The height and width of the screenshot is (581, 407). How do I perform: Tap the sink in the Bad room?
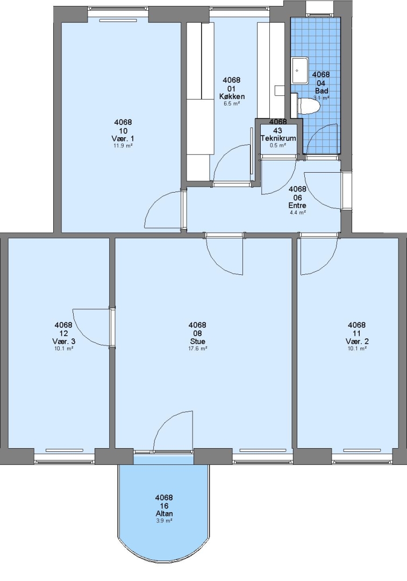point(300,70)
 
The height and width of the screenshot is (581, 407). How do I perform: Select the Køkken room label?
point(232,97)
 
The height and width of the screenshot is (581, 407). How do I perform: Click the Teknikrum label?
point(278,139)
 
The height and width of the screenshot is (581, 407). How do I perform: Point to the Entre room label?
point(297,206)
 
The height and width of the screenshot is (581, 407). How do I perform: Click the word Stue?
point(197,341)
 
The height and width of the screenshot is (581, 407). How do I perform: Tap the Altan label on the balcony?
point(164,514)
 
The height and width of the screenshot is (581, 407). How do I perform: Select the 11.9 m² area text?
point(123,146)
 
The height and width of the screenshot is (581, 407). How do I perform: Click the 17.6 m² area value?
point(197,348)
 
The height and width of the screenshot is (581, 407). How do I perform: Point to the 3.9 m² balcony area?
point(164,521)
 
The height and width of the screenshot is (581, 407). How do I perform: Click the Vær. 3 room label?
point(63,341)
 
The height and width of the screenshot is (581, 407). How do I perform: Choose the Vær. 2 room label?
point(357,341)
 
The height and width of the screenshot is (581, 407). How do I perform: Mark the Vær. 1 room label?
point(123,139)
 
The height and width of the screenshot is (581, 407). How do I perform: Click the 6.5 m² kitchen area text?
point(232,104)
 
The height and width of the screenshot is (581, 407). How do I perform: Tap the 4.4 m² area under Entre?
point(297,212)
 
